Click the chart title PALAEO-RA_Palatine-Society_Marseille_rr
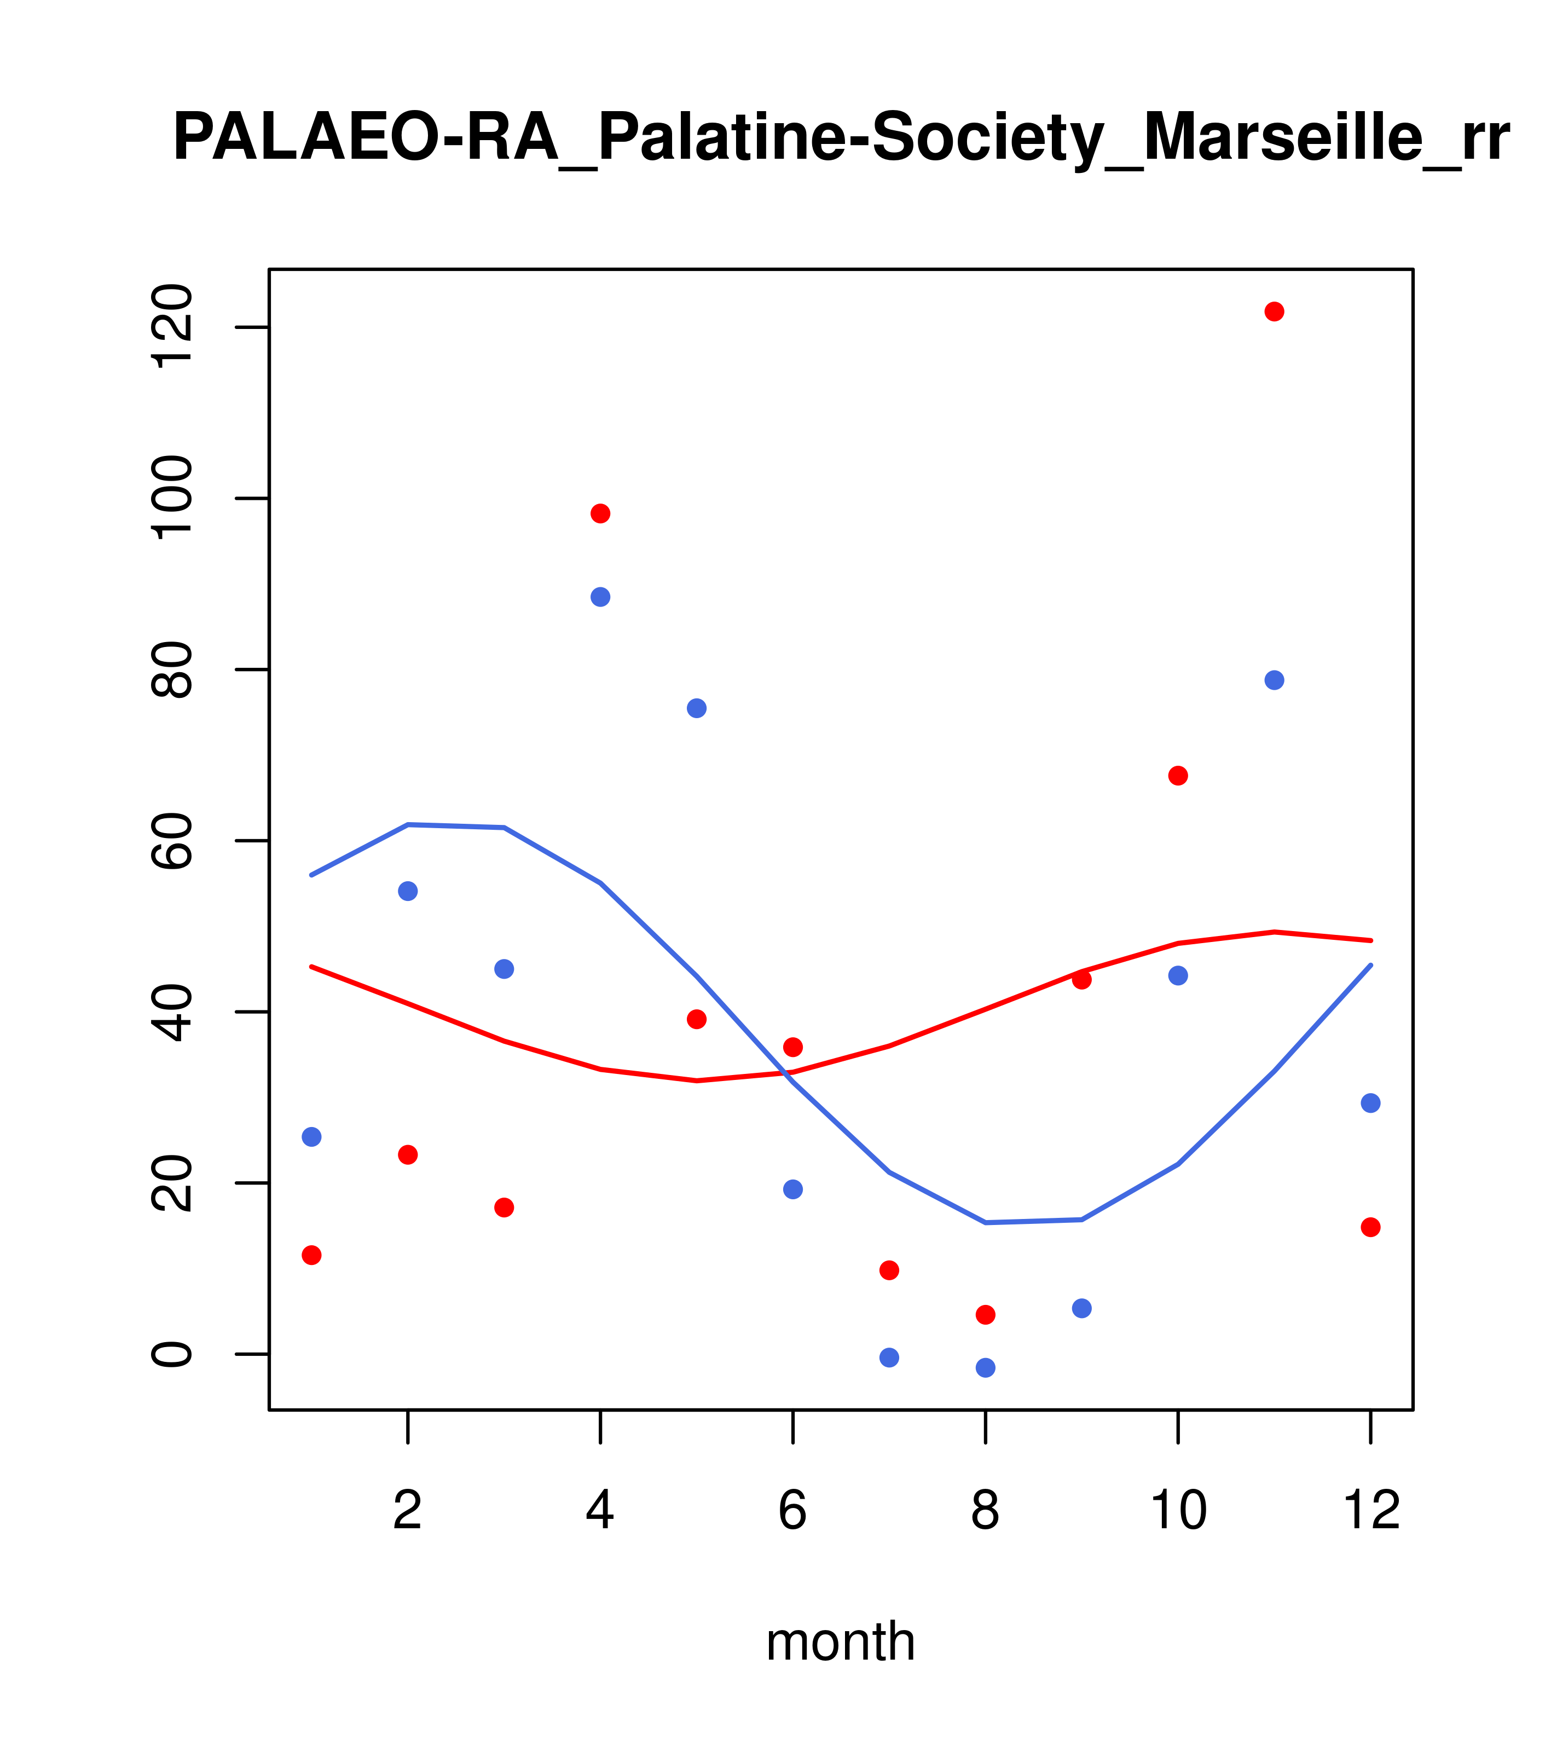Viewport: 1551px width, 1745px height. click(x=841, y=138)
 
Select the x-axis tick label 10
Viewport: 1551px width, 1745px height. click(x=1178, y=1511)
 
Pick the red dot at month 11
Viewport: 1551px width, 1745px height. click(x=1274, y=311)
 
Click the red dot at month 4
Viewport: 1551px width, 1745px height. click(x=600, y=513)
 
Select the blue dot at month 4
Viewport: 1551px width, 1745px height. click(x=600, y=597)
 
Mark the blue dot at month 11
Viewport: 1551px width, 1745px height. click(x=1274, y=680)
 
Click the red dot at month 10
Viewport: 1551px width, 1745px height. click(x=1178, y=775)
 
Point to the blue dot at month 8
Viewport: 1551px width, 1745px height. click(x=985, y=1368)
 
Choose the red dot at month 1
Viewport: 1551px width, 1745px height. click(x=311, y=1255)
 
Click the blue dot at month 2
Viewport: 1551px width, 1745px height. click(x=408, y=891)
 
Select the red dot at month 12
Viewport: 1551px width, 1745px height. click(x=1370, y=1227)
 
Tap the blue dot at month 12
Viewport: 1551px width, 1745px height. click(x=1370, y=1103)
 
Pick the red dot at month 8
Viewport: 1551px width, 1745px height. click(x=985, y=1314)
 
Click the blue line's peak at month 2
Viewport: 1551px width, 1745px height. click(x=408, y=825)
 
